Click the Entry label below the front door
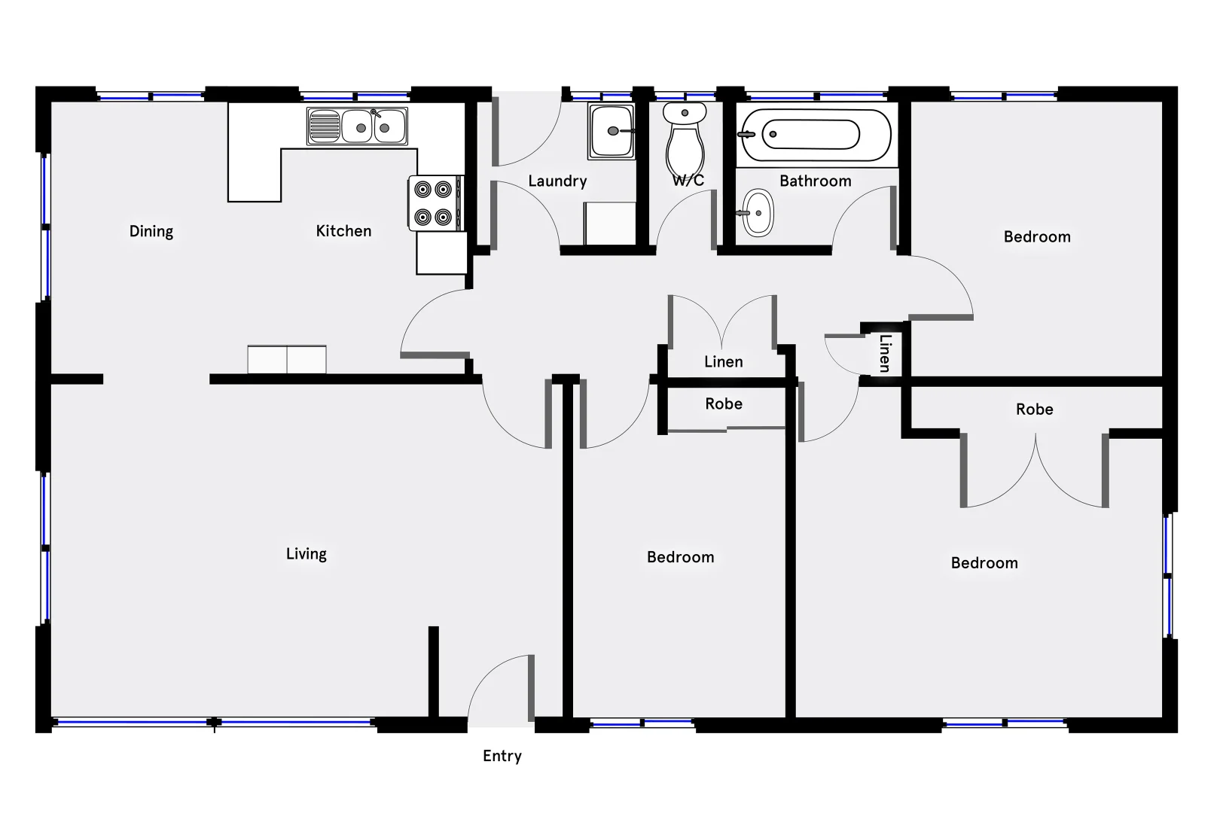(502, 756)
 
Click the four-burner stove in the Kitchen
(435, 202)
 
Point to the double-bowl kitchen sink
(357, 126)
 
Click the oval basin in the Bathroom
(757, 213)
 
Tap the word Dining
(151, 231)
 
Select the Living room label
(307, 554)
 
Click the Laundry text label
(557, 181)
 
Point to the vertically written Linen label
(885, 353)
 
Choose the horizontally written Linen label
(723, 361)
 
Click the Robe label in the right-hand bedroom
(1034, 410)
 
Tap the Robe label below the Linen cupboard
(723, 404)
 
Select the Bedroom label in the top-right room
(1036, 236)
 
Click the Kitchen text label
(343, 231)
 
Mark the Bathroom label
(815, 181)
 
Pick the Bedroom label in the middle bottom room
(680, 557)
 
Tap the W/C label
(688, 181)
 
